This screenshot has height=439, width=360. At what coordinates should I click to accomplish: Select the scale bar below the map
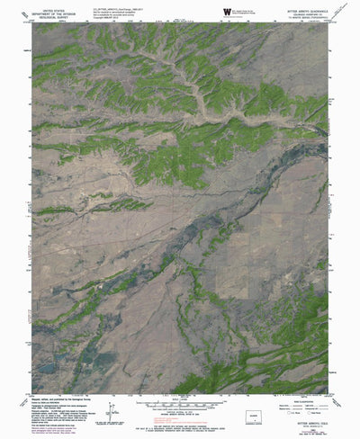[180, 390]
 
